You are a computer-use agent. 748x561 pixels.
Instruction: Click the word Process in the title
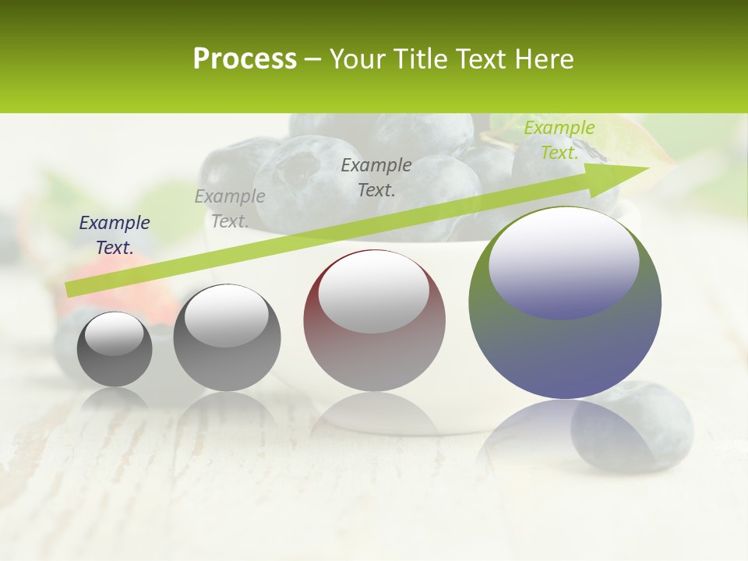[245, 59]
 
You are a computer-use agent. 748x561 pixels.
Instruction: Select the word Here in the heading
[542, 59]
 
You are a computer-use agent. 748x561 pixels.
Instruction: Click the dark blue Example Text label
[115, 235]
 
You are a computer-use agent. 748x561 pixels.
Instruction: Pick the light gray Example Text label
[230, 209]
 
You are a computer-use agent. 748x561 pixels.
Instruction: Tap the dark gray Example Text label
[376, 177]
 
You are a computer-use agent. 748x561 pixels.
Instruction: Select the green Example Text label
[559, 140]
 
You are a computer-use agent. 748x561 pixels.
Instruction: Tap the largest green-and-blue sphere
[565, 351]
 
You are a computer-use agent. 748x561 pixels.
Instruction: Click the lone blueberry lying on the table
[632, 425]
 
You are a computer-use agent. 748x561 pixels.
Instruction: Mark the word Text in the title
[482, 59]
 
